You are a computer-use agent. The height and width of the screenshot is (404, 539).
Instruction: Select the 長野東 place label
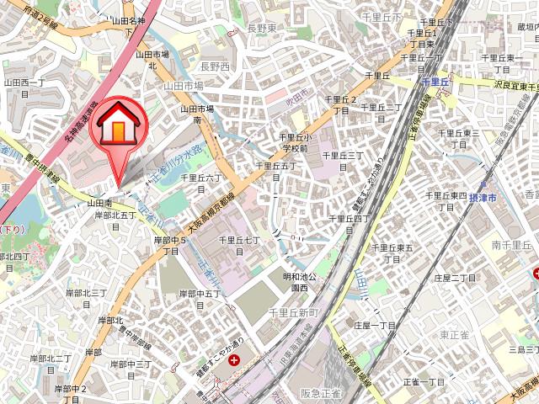coord(262,28)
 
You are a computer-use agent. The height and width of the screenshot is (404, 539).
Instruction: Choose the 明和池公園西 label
coord(299,281)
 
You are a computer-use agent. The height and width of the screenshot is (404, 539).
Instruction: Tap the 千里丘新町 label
coord(291,312)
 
